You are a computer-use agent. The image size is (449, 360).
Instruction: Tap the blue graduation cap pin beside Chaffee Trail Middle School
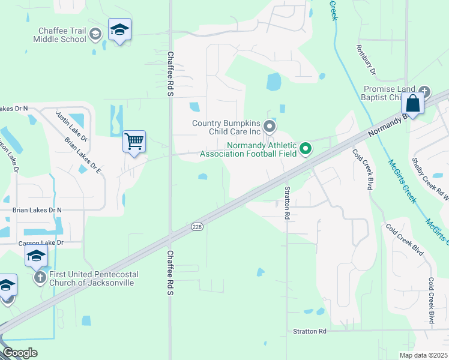(x=120, y=30)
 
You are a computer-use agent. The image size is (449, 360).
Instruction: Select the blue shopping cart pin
(x=134, y=143)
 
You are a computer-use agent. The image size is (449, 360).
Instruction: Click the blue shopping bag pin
(x=413, y=103)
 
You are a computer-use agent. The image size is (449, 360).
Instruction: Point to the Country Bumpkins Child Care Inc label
(x=226, y=127)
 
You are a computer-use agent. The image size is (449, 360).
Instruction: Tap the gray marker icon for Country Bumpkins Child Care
(x=270, y=127)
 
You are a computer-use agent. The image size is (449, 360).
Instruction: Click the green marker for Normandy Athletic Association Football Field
(x=306, y=148)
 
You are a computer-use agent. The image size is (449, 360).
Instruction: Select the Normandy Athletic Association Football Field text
(x=249, y=149)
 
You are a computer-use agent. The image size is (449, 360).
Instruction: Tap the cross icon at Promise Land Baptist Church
(x=424, y=91)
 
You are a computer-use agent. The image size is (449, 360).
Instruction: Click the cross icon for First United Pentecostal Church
(x=40, y=277)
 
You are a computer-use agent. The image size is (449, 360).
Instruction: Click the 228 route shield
(x=197, y=226)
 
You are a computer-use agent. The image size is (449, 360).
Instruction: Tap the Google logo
(x=20, y=353)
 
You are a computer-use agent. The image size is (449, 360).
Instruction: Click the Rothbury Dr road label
(x=366, y=60)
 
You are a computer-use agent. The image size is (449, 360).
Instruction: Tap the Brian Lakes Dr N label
(x=37, y=210)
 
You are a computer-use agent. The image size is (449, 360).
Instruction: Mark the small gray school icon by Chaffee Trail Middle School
(x=95, y=35)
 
